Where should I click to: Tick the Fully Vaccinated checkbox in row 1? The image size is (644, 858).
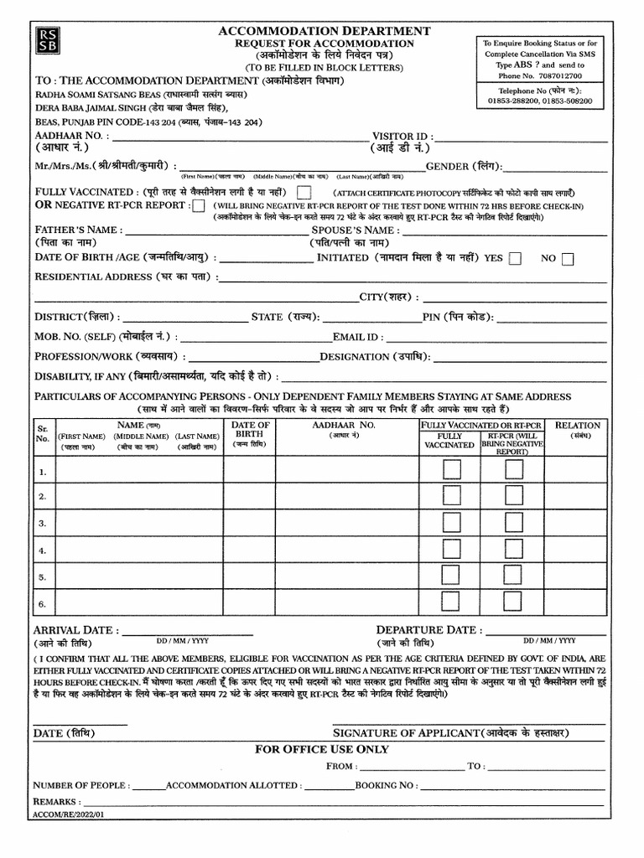coord(451,471)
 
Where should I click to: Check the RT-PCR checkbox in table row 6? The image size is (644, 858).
coord(514,603)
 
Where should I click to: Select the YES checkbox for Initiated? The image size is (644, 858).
coord(515,259)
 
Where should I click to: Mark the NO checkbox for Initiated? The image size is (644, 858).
coord(568,259)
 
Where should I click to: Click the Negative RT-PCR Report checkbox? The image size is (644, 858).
coord(199,206)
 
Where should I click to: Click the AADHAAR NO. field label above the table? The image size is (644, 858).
coord(69,136)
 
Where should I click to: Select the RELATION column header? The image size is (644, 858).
coord(577,426)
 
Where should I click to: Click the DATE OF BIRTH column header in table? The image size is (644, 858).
coord(250,430)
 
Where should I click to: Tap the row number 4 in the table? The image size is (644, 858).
coord(42,550)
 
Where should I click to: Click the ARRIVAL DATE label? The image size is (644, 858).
coord(75,630)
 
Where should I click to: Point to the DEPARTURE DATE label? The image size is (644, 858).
coord(428,630)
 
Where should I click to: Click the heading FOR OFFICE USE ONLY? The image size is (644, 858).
coord(322,749)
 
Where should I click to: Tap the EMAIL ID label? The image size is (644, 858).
coord(358,337)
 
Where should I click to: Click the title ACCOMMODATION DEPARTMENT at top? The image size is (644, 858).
coord(325,31)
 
